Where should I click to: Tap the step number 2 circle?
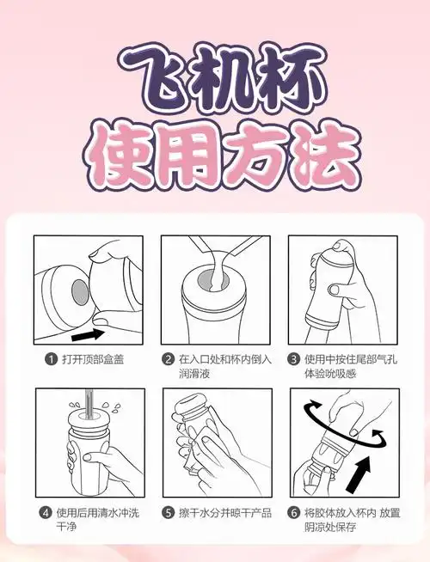click(169, 358)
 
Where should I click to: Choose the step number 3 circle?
click(293, 358)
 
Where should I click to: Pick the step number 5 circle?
click(169, 513)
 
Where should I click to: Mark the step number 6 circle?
click(293, 513)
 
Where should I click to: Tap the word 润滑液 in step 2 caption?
click(194, 374)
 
